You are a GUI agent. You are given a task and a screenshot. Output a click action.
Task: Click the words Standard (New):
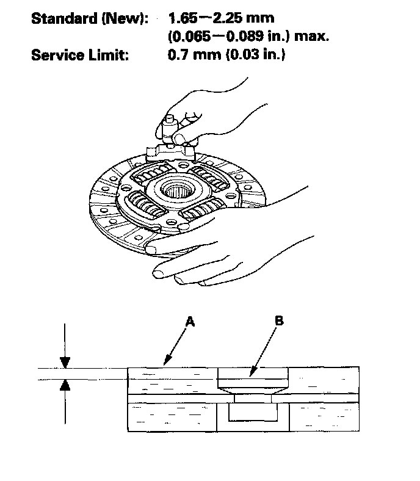[89, 19]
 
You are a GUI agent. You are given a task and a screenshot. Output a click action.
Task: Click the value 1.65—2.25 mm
[220, 19]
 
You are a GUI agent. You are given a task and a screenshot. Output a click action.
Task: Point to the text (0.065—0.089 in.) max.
[248, 37]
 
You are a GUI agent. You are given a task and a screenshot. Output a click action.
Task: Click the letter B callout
[278, 320]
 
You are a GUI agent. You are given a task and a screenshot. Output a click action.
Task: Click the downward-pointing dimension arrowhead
[65, 362]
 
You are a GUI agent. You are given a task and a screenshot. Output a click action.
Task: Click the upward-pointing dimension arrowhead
[65, 383]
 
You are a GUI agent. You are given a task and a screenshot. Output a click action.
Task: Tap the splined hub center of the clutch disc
[183, 190]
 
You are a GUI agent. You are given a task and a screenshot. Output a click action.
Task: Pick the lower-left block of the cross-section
[172, 417]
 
